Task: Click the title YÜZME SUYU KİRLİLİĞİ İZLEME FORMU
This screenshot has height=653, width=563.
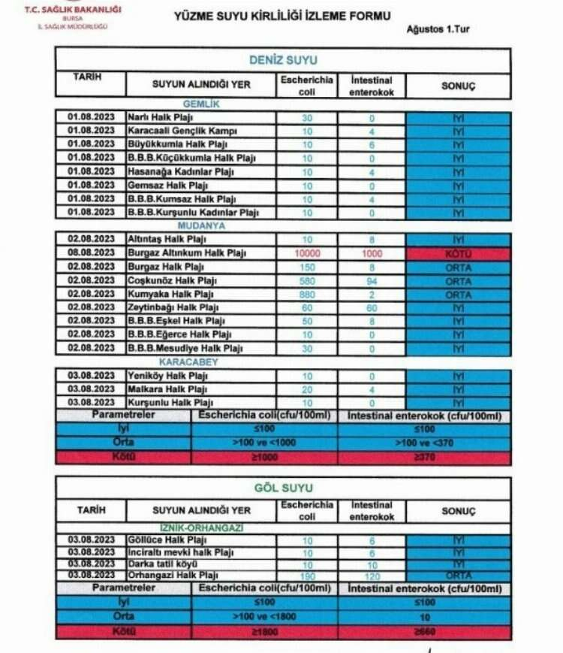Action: tap(281, 14)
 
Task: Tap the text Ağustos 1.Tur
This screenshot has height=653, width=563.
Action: tap(438, 30)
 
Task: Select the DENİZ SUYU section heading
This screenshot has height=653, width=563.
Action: tap(283, 60)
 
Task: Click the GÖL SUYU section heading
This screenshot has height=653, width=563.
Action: tap(283, 488)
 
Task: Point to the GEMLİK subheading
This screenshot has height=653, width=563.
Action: tap(201, 104)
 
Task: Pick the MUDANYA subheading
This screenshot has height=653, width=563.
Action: tap(201, 225)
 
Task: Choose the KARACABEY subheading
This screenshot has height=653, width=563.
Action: tap(201, 361)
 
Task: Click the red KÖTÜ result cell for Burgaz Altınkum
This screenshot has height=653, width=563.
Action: tap(459, 253)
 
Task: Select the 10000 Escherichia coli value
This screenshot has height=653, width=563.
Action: tap(307, 253)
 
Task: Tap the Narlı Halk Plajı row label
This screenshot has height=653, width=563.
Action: tap(161, 118)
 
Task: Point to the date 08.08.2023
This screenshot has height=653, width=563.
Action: tap(90, 253)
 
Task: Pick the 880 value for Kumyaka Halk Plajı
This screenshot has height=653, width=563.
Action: tap(307, 295)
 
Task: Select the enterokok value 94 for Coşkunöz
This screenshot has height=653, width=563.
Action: tap(372, 280)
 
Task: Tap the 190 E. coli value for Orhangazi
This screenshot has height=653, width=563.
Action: tap(307, 575)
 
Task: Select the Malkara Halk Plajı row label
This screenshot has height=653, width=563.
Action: tap(167, 389)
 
